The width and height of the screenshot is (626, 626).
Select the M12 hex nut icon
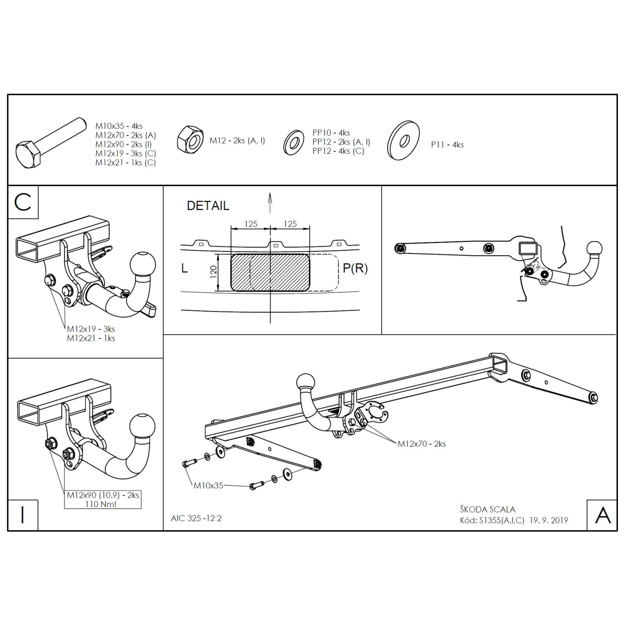tap(190, 140)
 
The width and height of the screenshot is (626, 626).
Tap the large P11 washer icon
tap(403, 140)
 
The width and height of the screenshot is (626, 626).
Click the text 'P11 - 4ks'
tap(447, 145)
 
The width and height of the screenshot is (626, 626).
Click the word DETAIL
tap(208, 206)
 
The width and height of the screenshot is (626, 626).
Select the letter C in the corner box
tap(23, 202)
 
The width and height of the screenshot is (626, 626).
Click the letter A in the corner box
tap(603, 515)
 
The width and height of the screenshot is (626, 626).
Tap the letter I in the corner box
tap(22, 515)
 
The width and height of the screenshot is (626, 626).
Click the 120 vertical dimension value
tap(213, 272)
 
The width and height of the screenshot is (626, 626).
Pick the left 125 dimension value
tap(251, 224)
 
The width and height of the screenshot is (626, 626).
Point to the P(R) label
tap(355, 268)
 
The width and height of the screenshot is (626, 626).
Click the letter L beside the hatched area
tap(184, 268)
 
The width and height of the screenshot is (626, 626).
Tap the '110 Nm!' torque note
tap(101, 504)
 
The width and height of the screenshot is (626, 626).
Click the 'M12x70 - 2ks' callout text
tap(422, 444)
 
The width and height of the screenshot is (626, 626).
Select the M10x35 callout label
tap(208, 485)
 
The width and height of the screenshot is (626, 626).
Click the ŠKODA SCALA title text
tap(487, 509)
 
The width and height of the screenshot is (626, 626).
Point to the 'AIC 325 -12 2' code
tap(196, 518)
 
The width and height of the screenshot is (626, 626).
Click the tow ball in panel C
tap(143, 264)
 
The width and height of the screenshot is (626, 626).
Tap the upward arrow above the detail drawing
tap(270, 203)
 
